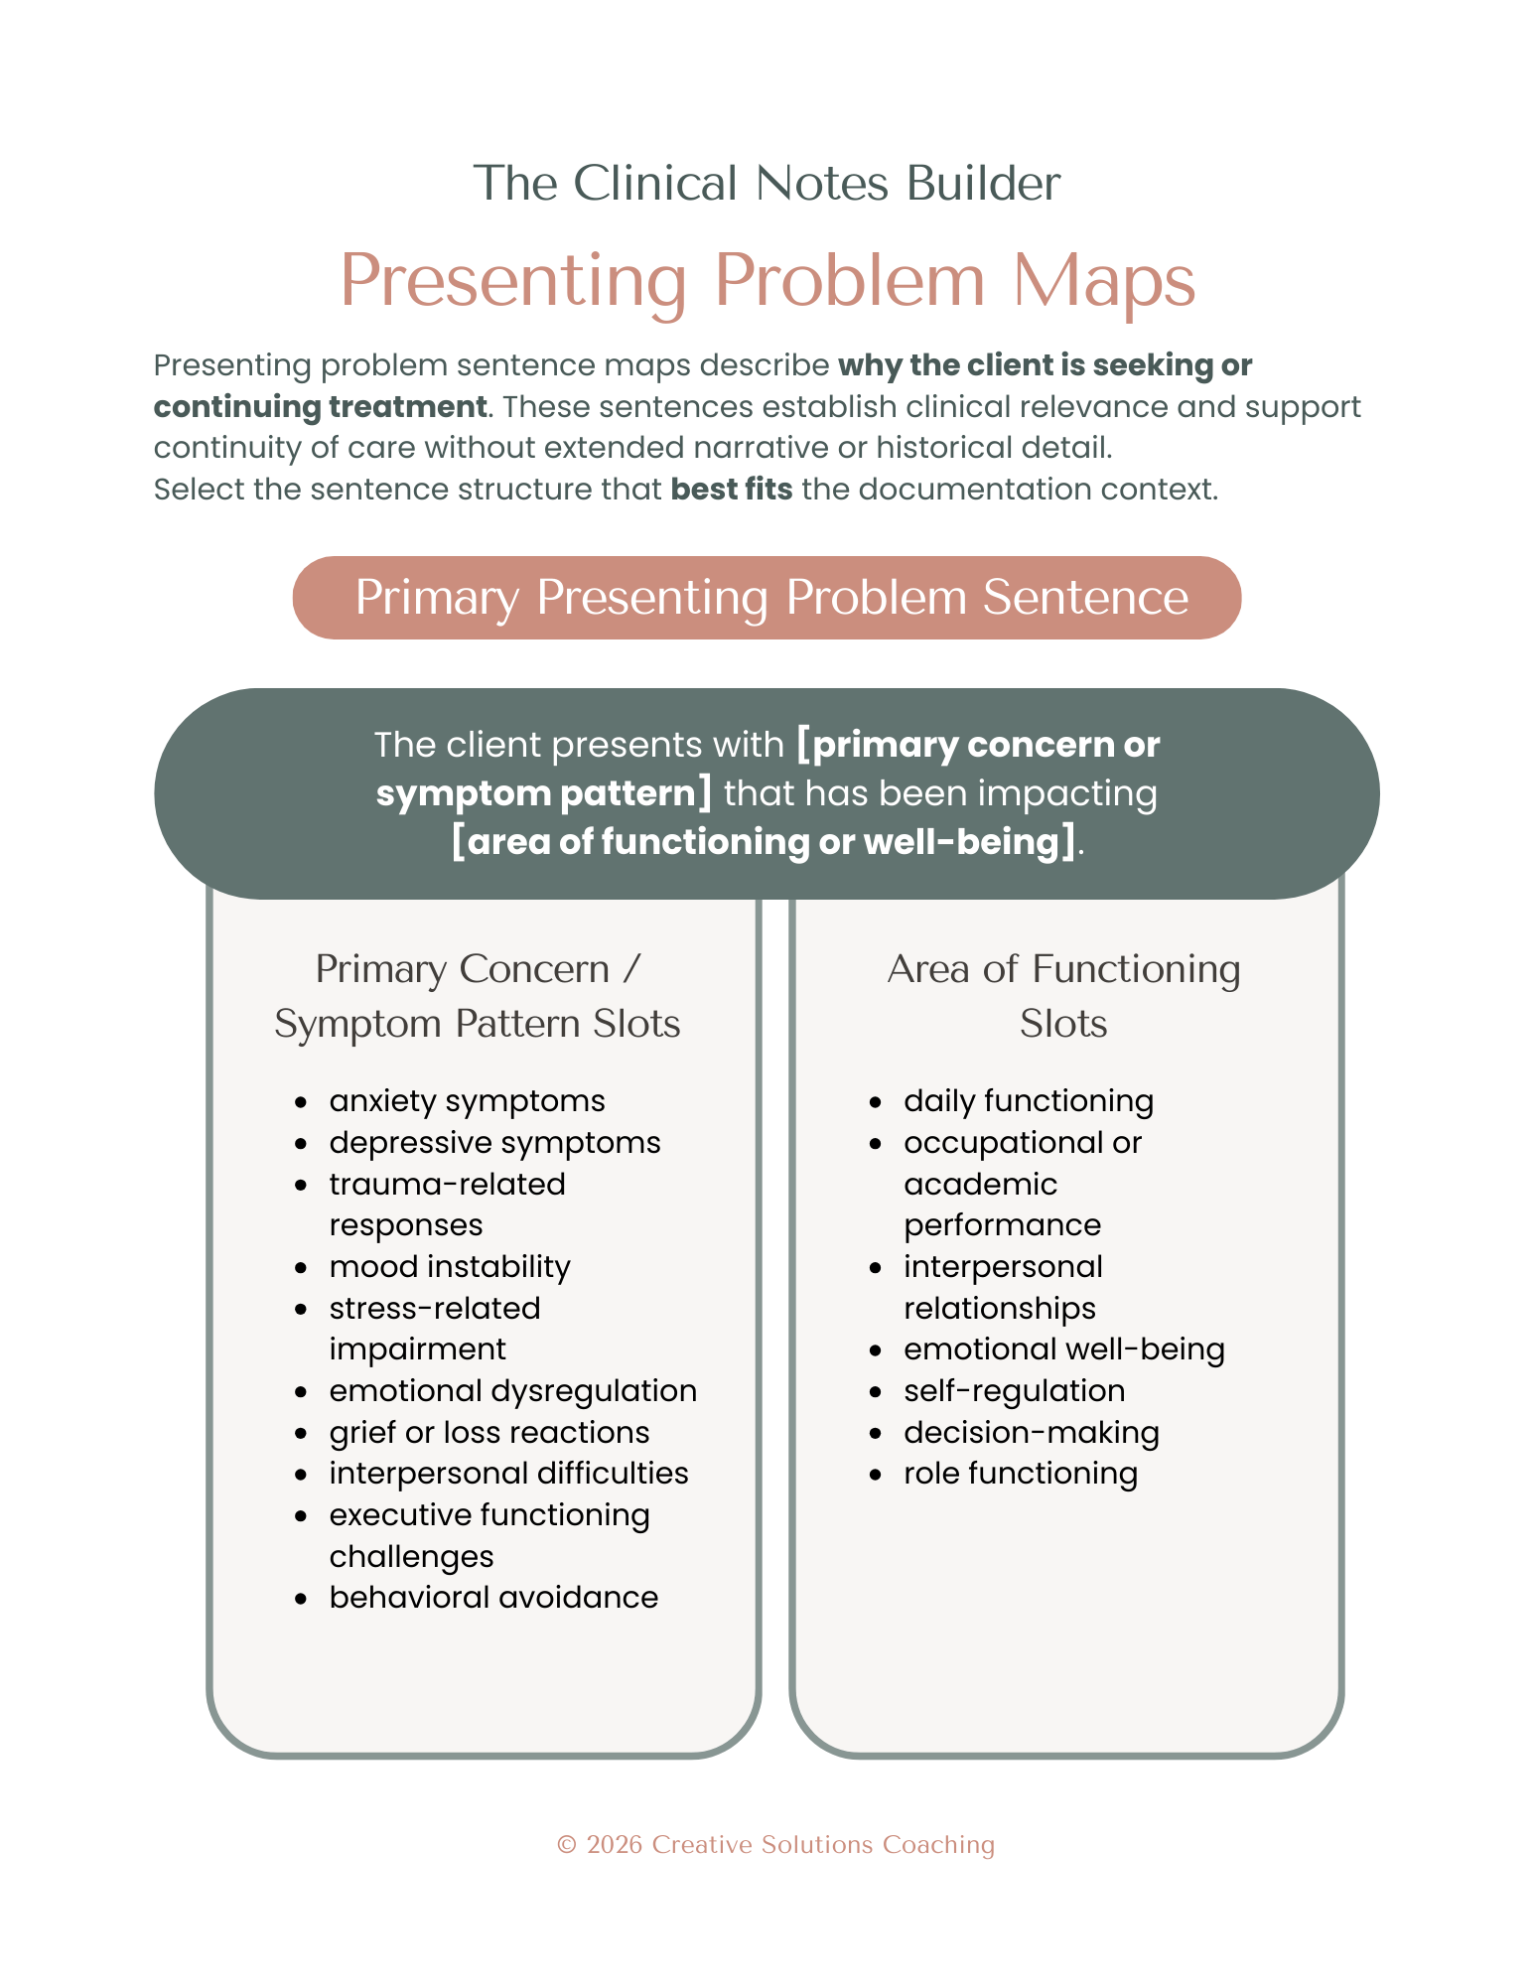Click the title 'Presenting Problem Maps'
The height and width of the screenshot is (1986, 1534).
pyautogui.click(x=767, y=281)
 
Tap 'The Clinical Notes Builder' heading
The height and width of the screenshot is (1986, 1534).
pyautogui.click(x=767, y=184)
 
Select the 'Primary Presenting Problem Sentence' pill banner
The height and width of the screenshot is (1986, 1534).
pyautogui.click(x=767, y=598)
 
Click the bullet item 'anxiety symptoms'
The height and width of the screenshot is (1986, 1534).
pyautogui.click(x=467, y=1101)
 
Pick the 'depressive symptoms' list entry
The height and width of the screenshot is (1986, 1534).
pyautogui.click(x=494, y=1143)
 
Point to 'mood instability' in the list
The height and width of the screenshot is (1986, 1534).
pyautogui.click(x=450, y=1267)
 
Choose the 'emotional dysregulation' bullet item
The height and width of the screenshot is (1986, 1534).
pyautogui.click(x=512, y=1391)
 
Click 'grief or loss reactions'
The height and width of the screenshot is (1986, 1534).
pyautogui.click(x=489, y=1433)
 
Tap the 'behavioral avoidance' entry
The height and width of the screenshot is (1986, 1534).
pyautogui.click(x=493, y=1598)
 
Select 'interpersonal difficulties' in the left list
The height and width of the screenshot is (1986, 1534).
pyautogui.click(x=508, y=1474)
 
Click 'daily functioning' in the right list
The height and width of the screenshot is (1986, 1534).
pyautogui.click(x=1029, y=1101)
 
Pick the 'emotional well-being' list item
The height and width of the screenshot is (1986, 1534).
pyautogui.click(x=1063, y=1349)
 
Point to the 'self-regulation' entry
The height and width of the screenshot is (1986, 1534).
pyautogui.click(x=1014, y=1391)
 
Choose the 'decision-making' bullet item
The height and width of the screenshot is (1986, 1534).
pyautogui.click(x=1031, y=1433)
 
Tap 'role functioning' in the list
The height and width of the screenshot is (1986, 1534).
pyautogui.click(x=1020, y=1474)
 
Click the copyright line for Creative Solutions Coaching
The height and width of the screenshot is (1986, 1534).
pyautogui.click(x=775, y=1845)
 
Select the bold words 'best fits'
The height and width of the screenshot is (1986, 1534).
pyautogui.click(x=732, y=490)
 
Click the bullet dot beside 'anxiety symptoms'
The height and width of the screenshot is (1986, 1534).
pyautogui.click(x=301, y=1102)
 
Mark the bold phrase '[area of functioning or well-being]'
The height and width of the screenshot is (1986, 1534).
pyautogui.click(x=764, y=842)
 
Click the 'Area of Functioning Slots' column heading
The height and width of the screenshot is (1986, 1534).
pyautogui.click(x=1063, y=996)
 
